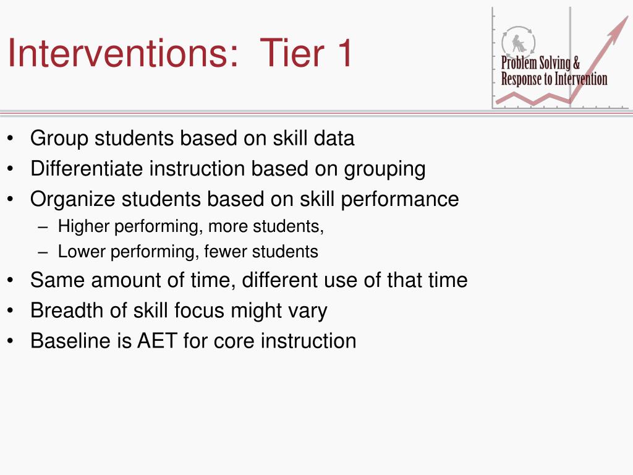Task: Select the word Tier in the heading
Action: [292, 53]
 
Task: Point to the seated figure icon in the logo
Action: [519, 43]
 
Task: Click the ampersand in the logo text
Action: [576, 63]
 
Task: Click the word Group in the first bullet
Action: [59, 139]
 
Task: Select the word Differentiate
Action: [87, 168]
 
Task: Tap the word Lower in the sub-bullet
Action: [82, 251]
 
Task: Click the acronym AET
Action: [157, 341]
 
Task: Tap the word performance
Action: [400, 200]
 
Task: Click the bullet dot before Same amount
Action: [10, 280]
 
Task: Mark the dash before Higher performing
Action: [43, 227]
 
